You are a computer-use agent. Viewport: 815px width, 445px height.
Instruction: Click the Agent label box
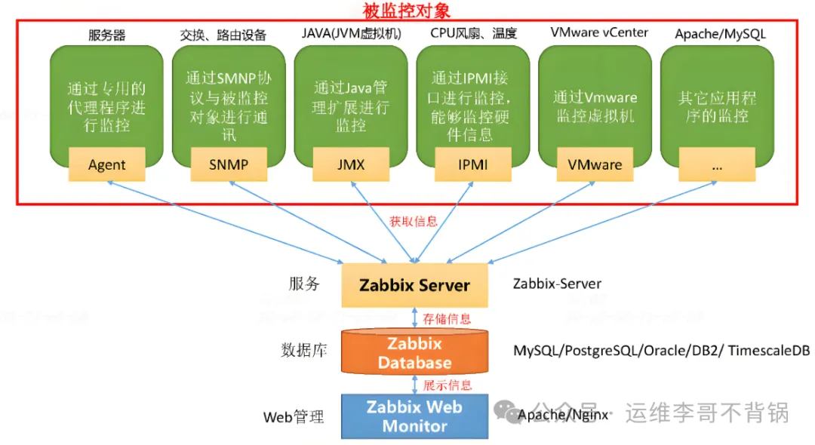[106, 164]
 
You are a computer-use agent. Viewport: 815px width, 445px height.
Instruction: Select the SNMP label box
[229, 164]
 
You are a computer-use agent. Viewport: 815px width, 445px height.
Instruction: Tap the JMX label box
[351, 164]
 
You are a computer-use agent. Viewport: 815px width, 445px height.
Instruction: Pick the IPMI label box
[473, 164]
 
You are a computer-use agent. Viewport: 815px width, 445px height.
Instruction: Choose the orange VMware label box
[595, 164]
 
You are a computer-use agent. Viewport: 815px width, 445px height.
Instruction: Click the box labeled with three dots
[717, 164]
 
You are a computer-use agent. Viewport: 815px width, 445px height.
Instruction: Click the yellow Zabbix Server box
[414, 286]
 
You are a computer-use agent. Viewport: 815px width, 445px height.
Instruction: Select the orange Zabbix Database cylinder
[414, 353]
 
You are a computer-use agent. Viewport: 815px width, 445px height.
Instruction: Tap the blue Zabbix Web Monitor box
[414, 416]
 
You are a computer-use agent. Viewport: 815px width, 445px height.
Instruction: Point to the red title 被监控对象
[407, 11]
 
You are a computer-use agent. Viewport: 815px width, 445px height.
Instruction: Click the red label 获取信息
[414, 222]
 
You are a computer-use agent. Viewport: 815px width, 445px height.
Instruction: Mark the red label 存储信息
[447, 318]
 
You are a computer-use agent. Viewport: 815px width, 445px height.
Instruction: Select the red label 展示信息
[447, 385]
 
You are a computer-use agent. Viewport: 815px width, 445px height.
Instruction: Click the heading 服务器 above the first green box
[107, 35]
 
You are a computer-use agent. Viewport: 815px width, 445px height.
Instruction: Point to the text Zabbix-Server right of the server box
[557, 284]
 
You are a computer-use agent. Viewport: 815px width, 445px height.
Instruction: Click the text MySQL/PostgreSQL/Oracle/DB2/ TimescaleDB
[661, 351]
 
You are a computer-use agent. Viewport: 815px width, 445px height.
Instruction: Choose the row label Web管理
[294, 416]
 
